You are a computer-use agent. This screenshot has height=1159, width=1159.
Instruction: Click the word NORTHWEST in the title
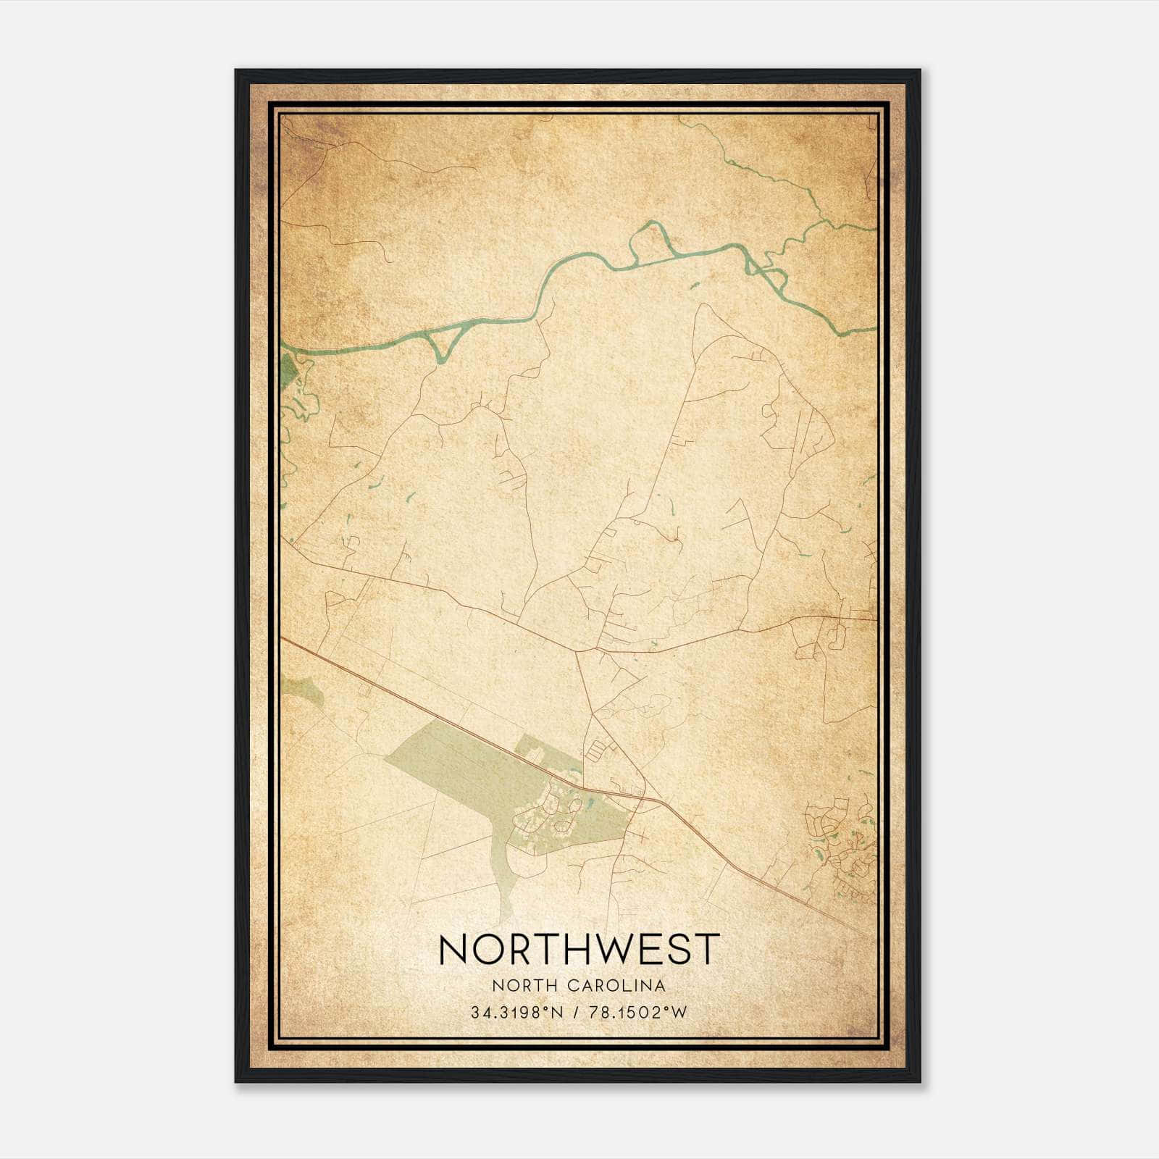tap(579, 949)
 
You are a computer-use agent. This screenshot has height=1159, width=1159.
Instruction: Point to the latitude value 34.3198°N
tap(516, 1013)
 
